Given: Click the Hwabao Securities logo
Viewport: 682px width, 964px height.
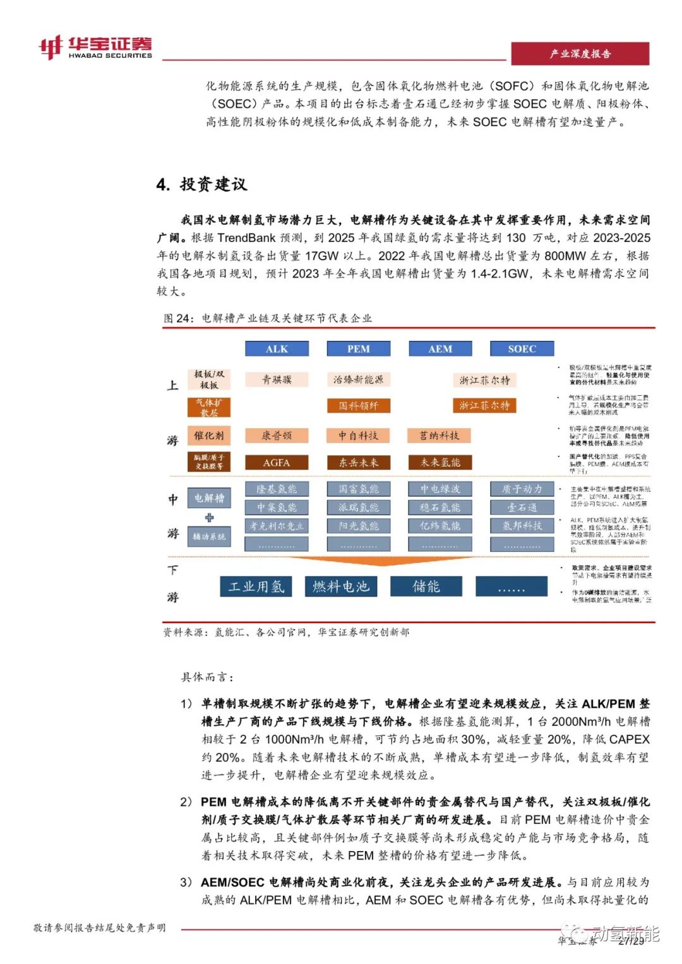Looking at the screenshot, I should tap(95, 47).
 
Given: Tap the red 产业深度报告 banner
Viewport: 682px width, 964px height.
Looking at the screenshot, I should tap(580, 54).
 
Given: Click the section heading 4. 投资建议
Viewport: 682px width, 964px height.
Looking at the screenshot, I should tap(202, 184).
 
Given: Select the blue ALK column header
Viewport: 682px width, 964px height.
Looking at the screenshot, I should tap(277, 349).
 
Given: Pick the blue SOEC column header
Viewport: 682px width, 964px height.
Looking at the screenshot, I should tap(522, 349).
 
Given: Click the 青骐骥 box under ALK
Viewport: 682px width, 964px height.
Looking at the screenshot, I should tap(277, 379).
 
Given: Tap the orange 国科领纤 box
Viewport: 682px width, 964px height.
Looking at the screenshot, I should tap(358, 406).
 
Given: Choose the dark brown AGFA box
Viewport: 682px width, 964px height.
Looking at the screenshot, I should tap(277, 463).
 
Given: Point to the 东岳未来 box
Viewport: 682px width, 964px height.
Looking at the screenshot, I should tap(358, 463).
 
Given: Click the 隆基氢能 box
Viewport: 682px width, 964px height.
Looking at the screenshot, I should tap(277, 489).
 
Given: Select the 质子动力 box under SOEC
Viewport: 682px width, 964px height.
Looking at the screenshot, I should tap(522, 489).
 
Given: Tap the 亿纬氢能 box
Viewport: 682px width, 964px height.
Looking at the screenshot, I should tap(440, 526).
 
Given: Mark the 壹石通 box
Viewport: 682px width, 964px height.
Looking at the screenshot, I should tap(522, 508).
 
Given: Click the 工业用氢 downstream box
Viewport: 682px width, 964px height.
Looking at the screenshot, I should tap(256, 586).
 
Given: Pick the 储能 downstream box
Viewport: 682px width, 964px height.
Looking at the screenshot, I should tap(426, 586).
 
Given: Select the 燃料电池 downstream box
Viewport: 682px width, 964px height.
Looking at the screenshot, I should tap(341, 586).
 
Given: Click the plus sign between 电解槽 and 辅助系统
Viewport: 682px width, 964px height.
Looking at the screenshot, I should tap(209, 518).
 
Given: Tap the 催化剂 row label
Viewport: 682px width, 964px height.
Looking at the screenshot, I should tap(209, 436).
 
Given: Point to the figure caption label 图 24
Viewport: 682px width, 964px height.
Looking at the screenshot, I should tap(178, 318).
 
